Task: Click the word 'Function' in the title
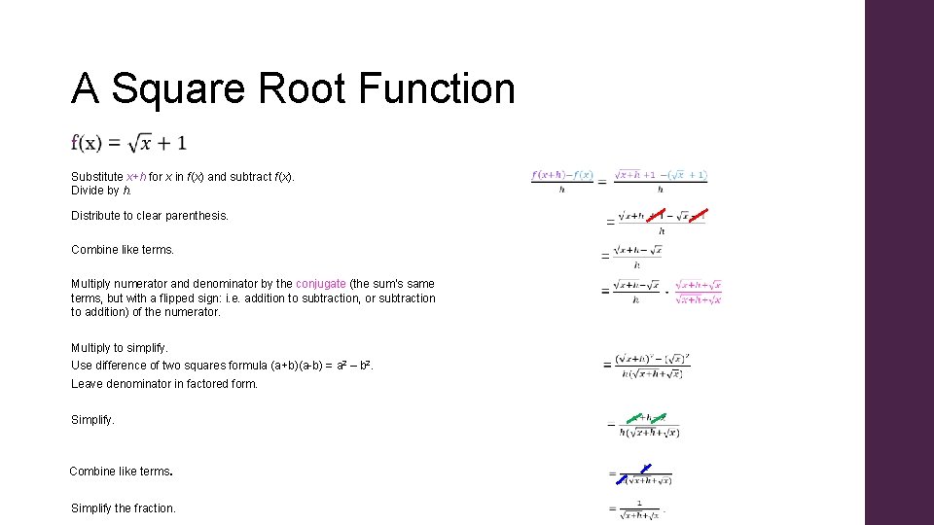tap(436, 88)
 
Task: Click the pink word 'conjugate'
tap(320, 284)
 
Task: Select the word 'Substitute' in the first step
tap(97, 177)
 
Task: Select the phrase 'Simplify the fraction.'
tap(124, 507)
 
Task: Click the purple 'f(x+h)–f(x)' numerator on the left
tap(562, 175)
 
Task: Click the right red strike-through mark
tap(696, 214)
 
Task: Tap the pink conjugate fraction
tap(698, 292)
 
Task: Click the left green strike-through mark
tap(634, 419)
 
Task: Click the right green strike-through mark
tap(659, 419)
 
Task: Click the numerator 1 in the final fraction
tap(639, 503)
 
